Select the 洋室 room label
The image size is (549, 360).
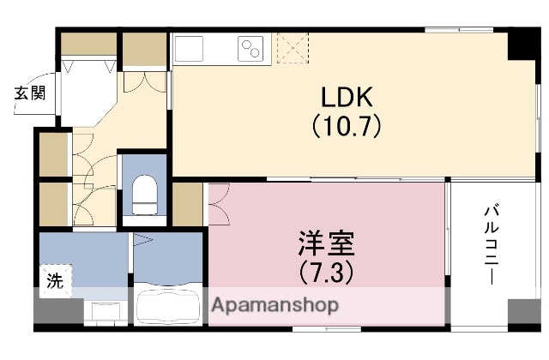[324, 243]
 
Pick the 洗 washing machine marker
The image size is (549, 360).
[53, 279]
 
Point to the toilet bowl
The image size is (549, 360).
[145, 193]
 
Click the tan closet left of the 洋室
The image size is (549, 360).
[187, 204]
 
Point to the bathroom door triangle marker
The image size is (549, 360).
[142, 243]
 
